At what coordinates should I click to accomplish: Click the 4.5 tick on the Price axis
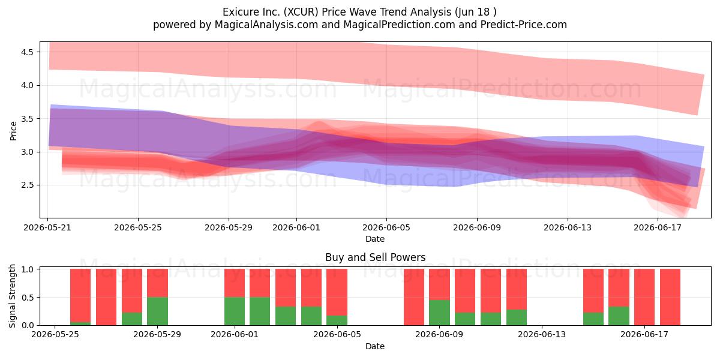(27, 52)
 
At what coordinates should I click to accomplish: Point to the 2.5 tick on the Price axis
(27, 185)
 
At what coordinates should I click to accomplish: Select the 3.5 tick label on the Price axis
(27, 119)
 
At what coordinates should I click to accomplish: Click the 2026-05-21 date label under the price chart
(47, 227)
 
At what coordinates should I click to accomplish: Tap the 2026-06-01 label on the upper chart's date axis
(296, 227)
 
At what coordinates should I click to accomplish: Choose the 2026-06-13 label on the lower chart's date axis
(542, 334)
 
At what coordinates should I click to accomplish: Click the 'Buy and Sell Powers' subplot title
(376, 257)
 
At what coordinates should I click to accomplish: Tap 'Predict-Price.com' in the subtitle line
(524, 25)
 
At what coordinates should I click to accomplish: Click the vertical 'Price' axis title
(13, 131)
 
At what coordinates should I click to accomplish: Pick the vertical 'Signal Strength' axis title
(12, 296)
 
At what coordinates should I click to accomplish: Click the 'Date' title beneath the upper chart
(375, 239)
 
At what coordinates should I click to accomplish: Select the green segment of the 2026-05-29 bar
(157, 311)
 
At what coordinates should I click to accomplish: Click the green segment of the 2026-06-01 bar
(235, 311)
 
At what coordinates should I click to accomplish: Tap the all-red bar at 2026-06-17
(644, 297)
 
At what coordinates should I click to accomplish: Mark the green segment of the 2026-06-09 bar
(439, 313)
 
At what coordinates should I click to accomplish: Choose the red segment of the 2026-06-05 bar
(337, 292)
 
